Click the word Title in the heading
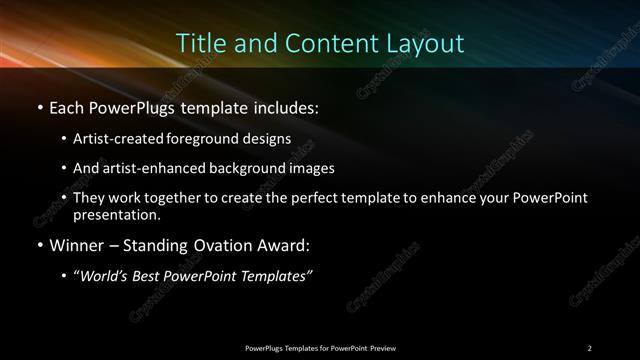(x=197, y=44)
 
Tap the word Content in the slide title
(x=319, y=44)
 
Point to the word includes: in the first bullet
(x=289, y=105)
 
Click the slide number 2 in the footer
(x=589, y=347)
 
